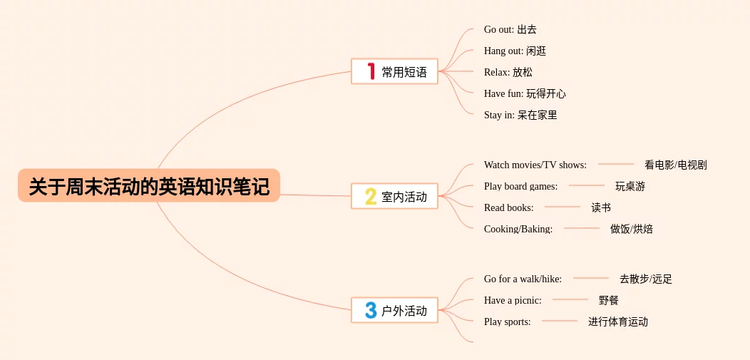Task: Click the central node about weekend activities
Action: [x=149, y=186]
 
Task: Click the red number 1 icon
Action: [x=371, y=71]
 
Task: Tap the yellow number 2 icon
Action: [x=371, y=196]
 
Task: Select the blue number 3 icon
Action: [x=371, y=310]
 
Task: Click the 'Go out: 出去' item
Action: [x=510, y=29]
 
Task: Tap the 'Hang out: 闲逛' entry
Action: [x=515, y=51]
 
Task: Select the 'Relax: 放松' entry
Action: [x=508, y=72]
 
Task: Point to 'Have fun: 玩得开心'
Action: [x=525, y=93]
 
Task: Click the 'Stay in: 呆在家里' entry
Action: [x=520, y=115]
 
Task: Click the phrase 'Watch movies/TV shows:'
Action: [x=535, y=165]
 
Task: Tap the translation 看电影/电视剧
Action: [x=675, y=165]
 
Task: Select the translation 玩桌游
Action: [x=630, y=186]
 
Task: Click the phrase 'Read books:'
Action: [x=508, y=207]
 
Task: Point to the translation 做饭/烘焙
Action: [x=631, y=229]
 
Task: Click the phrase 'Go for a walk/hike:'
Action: [x=523, y=279]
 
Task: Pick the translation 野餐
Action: [x=609, y=300]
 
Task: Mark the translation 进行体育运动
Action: [x=617, y=322]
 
